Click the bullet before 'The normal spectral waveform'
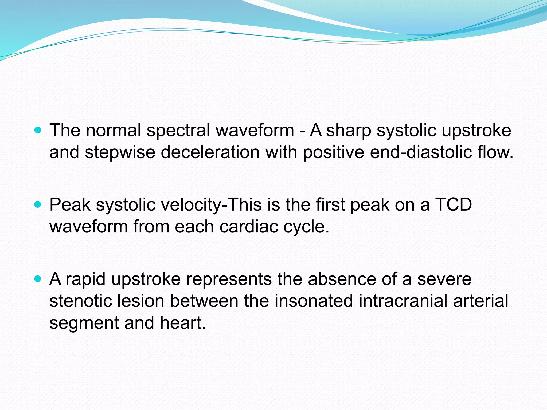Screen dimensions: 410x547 tap(38, 131)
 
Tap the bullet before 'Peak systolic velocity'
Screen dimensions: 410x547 tap(38, 205)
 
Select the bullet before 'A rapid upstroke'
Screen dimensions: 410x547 tap(38, 279)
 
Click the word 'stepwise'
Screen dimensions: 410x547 tap(120, 152)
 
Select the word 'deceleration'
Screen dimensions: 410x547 tap(210, 152)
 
